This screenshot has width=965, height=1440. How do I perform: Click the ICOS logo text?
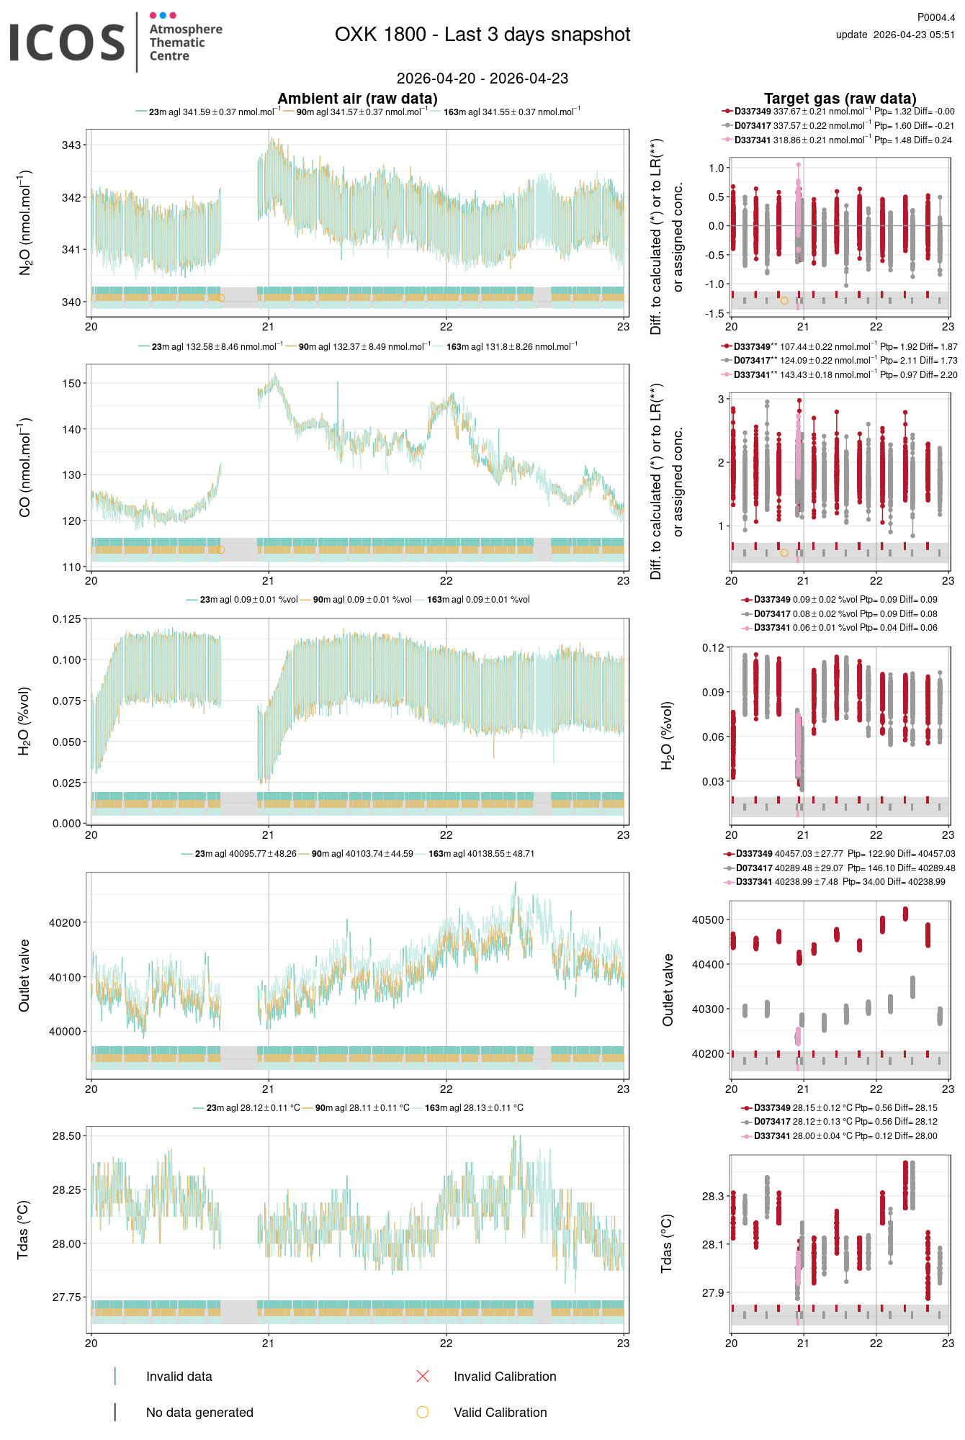67,42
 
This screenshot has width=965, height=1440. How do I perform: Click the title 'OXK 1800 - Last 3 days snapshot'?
482,35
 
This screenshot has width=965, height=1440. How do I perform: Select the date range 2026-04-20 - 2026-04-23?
482,78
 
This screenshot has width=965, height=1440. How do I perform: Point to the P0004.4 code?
935,17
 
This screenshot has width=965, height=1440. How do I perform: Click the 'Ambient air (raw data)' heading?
357,99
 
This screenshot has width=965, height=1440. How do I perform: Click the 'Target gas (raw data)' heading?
840,99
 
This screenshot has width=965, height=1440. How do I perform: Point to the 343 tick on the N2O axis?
71,145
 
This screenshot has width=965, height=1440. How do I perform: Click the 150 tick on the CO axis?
71,384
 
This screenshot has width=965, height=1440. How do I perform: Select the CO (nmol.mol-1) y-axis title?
25,467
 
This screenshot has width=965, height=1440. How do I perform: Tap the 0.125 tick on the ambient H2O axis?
66,619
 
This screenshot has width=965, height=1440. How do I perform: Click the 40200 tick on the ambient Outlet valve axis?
65,923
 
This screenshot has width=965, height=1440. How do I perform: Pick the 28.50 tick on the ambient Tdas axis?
66,1136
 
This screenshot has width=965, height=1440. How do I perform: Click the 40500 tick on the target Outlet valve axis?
708,920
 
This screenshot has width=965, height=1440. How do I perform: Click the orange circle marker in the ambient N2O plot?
221,298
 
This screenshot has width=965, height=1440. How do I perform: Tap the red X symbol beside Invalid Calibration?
423,1377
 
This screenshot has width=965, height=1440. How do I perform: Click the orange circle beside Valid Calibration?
423,1413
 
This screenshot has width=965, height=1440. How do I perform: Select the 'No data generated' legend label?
199,1413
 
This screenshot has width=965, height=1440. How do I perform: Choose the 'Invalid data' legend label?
179,1377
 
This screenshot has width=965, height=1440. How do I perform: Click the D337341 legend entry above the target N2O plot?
753,140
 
